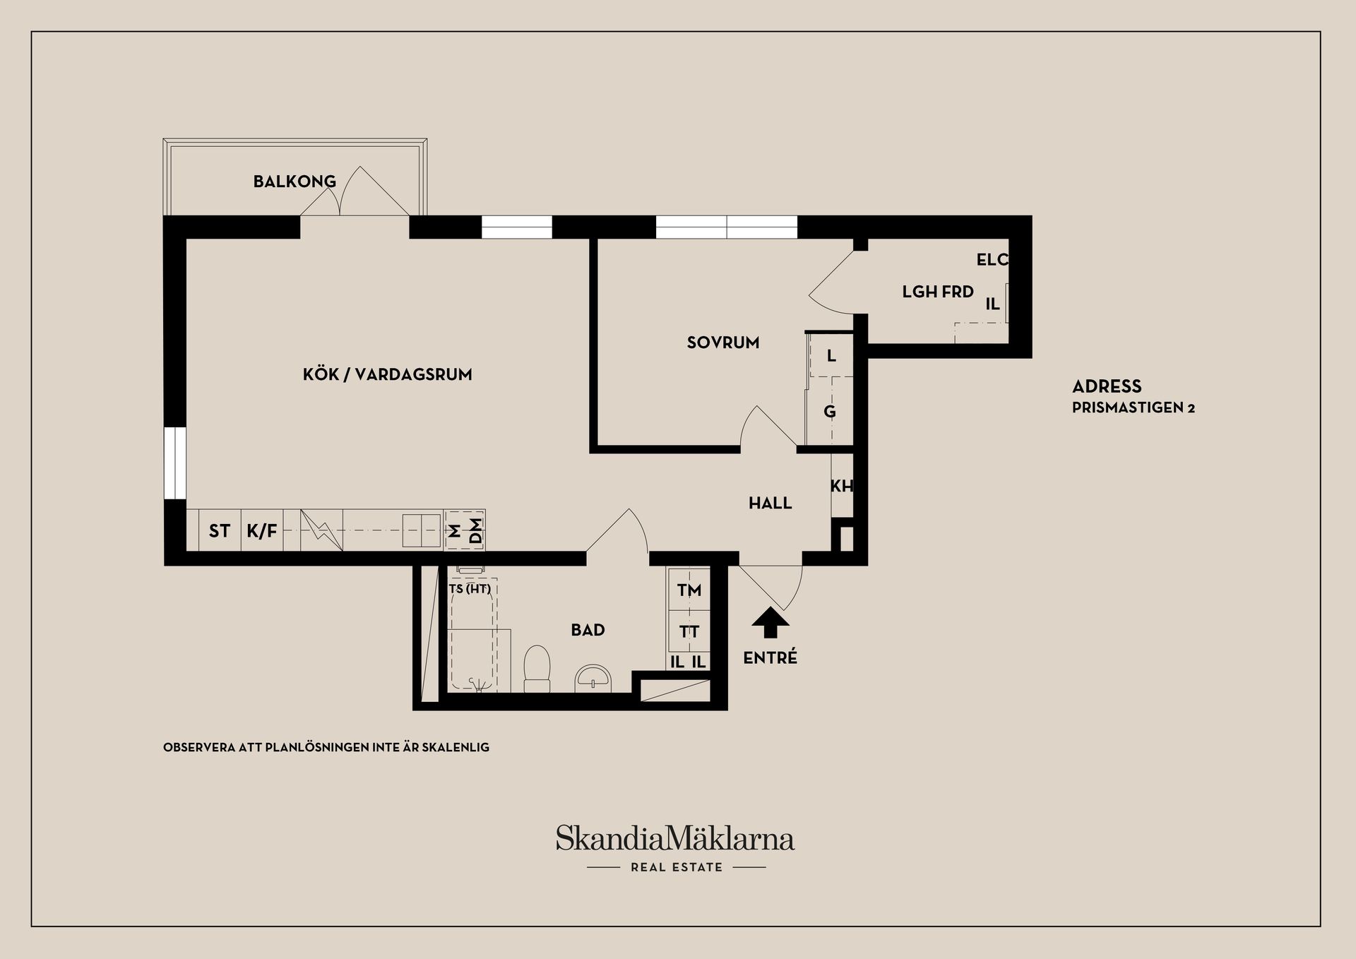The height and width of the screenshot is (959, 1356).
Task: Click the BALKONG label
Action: click(x=295, y=181)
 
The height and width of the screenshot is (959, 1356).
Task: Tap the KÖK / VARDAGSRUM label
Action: click(x=387, y=374)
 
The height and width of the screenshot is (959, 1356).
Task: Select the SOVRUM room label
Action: click(x=723, y=342)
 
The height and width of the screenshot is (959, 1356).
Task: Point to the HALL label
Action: click(x=770, y=503)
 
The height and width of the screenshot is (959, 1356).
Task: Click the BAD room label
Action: click(x=588, y=630)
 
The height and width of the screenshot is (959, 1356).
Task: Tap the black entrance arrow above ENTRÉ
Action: click(x=770, y=624)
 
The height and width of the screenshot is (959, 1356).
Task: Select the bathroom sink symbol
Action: click(x=594, y=678)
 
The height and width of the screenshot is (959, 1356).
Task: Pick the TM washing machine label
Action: click(x=689, y=590)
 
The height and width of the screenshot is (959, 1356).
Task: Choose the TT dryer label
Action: click(x=689, y=631)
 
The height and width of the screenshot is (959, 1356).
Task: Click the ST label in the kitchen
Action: click(x=219, y=530)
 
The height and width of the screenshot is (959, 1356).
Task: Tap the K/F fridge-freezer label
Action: click(x=262, y=530)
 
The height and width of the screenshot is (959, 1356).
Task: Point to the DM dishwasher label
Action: click(x=475, y=531)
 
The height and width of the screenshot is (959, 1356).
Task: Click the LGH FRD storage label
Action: click(x=938, y=292)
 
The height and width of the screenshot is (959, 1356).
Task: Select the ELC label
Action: click(x=992, y=260)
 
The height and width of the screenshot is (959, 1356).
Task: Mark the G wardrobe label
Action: click(x=830, y=411)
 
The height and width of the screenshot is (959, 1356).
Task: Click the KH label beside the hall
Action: click(x=841, y=486)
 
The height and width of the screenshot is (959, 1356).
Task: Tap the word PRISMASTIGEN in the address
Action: click(x=1126, y=408)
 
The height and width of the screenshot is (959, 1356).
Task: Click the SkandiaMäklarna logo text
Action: click(x=675, y=838)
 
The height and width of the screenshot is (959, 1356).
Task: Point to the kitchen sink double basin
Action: click(x=422, y=530)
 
